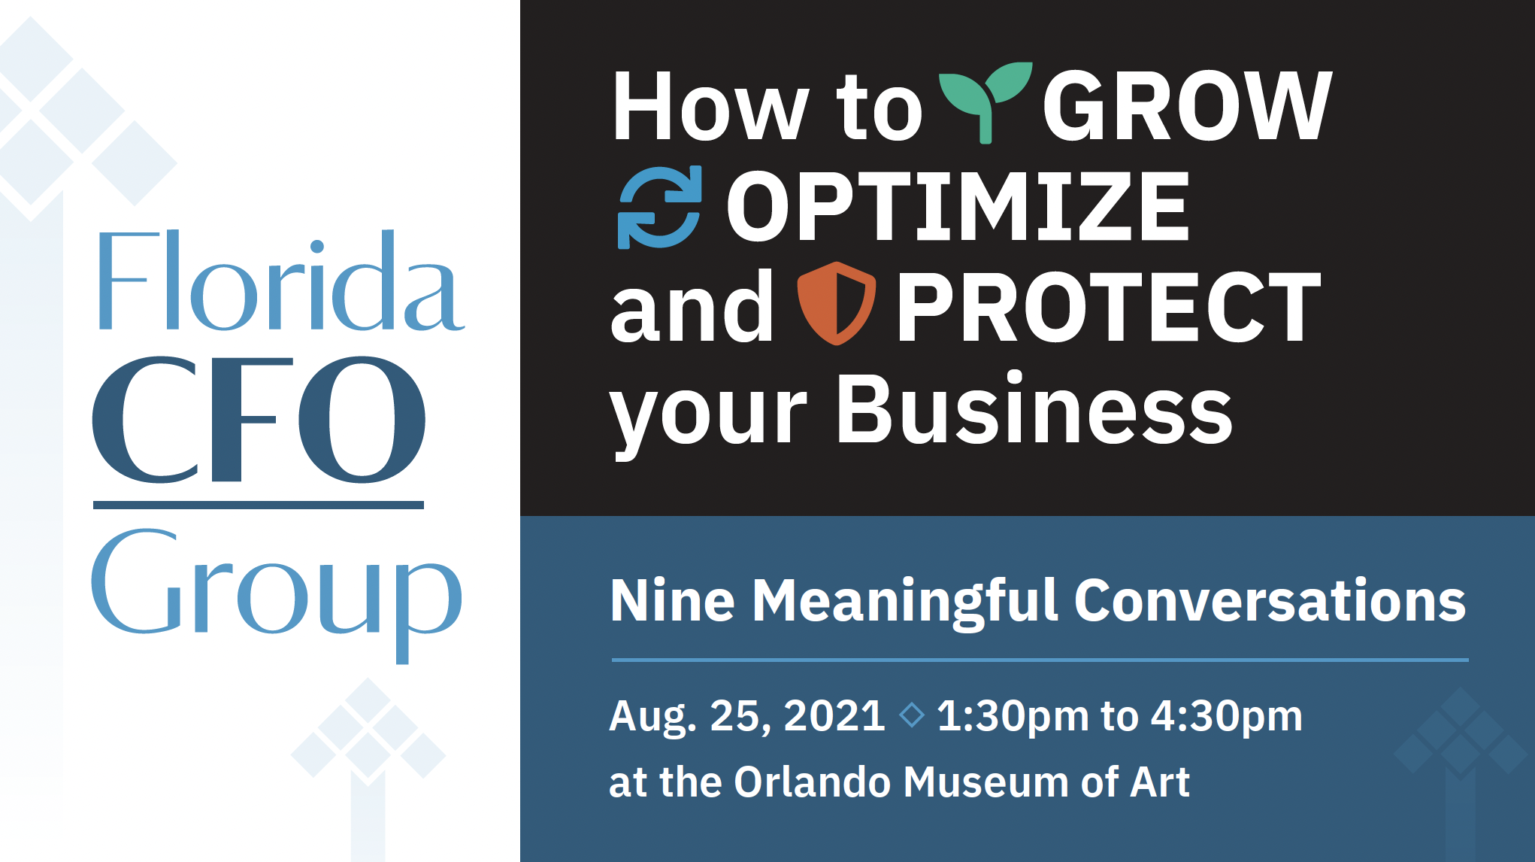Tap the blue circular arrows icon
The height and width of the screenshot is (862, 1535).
pyautogui.click(x=659, y=207)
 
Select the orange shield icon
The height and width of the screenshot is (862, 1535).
pyautogui.click(x=836, y=303)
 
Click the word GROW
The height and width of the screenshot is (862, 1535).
pyautogui.click(x=1187, y=105)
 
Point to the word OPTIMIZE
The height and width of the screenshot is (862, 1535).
pyautogui.click(x=958, y=206)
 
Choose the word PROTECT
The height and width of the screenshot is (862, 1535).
pyautogui.click(x=1108, y=307)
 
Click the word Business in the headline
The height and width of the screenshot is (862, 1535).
pyautogui.click(x=1034, y=408)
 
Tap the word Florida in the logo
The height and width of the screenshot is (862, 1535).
pyautogui.click(x=281, y=281)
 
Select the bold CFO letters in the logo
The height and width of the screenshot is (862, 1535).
pyautogui.click(x=259, y=419)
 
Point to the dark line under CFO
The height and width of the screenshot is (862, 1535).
pyautogui.click(x=259, y=505)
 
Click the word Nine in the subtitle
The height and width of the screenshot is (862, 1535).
pyautogui.click(x=672, y=600)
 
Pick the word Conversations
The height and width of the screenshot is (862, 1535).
pyautogui.click(x=1270, y=600)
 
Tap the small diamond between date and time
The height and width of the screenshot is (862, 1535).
pyautogui.click(x=912, y=715)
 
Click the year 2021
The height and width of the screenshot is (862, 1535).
pyautogui.click(x=834, y=715)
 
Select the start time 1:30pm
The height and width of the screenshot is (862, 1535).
pyautogui.click(x=1013, y=716)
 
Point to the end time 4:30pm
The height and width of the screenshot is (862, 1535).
pyautogui.click(x=1227, y=716)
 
